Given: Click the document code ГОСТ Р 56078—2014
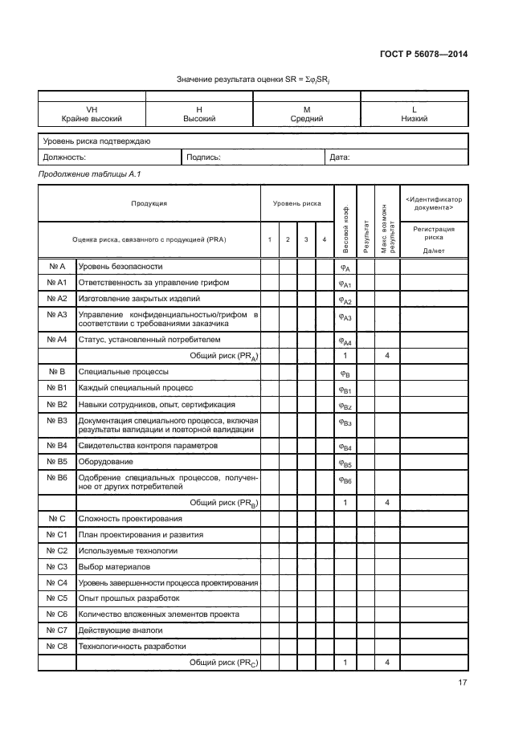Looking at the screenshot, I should tap(423, 55).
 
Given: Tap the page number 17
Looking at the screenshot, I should tap(463, 683).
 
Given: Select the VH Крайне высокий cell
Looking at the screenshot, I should tap(92, 113).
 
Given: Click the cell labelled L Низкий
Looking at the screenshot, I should tap(414, 113).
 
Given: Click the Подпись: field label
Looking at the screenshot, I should tap(203, 157).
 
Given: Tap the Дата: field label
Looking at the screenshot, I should tap(340, 157).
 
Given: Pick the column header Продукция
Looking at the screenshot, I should tap(149, 203).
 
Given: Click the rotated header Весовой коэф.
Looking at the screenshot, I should tap(345, 221).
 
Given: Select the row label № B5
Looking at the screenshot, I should tap(56, 462).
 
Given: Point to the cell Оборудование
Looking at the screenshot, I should tap(105, 462).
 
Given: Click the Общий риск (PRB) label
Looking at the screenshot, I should tap(223, 502).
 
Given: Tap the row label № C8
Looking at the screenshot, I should tap(56, 646).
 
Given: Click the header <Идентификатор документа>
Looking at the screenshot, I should tap(434, 203).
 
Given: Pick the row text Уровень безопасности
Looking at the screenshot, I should tap(120, 266).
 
